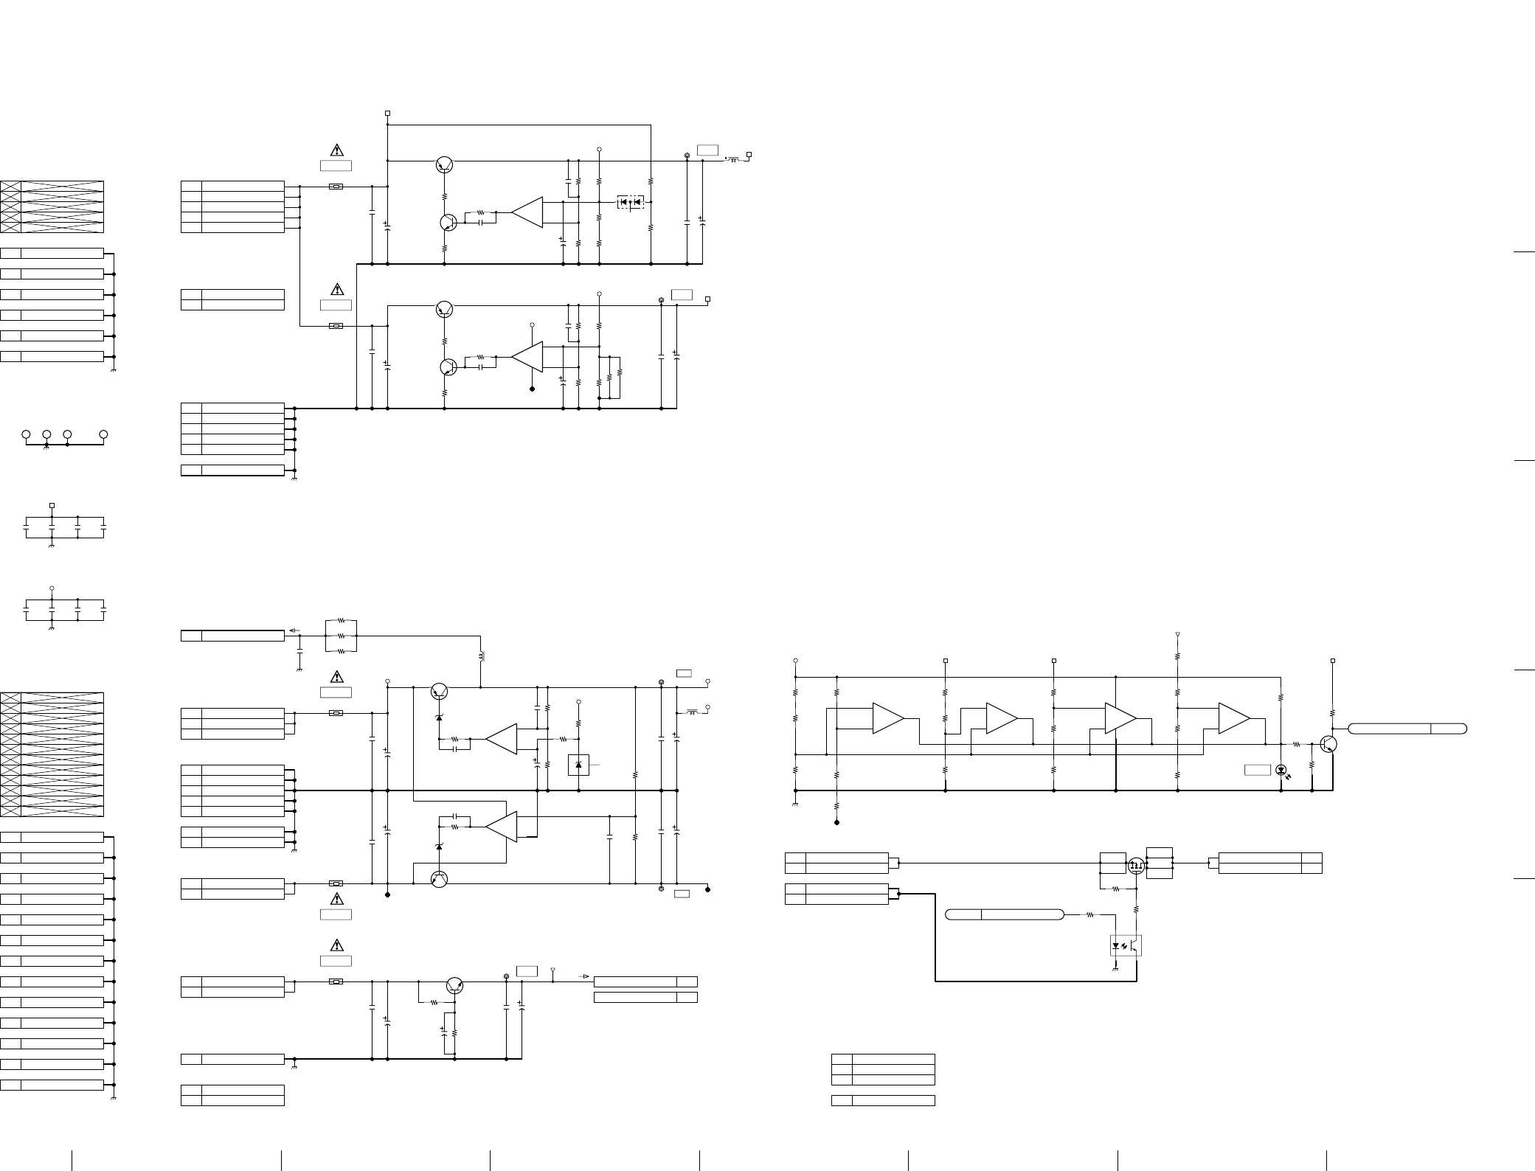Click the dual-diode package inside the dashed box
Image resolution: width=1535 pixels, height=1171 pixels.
pyautogui.click(x=630, y=201)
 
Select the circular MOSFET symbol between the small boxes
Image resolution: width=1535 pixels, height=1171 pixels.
pyautogui.click(x=1137, y=864)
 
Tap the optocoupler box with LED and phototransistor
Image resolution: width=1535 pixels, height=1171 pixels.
pyautogui.click(x=1126, y=945)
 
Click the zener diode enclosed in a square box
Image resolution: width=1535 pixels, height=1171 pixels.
pyautogui.click(x=578, y=765)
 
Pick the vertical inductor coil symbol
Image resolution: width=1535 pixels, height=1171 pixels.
pyautogui.click(x=481, y=656)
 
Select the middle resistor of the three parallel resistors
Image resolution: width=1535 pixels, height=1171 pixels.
pyautogui.click(x=341, y=636)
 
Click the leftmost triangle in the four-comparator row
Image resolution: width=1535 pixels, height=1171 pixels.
pyautogui.click(x=887, y=718)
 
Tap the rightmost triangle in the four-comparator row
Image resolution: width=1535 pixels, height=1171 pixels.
pyautogui.click(x=1233, y=718)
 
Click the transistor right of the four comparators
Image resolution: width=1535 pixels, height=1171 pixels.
pyautogui.click(x=1328, y=744)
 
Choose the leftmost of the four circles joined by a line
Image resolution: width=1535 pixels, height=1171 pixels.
pyautogui.click(x=26, y=434)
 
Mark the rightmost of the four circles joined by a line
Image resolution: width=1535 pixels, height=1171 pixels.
pyautogui.click(x=103, y=434)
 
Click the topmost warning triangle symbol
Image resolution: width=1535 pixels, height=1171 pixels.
pyautogui.click(x=336, y=150)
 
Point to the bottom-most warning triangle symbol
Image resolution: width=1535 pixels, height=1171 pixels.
pyautogui.click(x=336, y=945)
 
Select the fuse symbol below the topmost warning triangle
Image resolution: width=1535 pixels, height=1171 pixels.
pyautogui.click(x=336, y=187)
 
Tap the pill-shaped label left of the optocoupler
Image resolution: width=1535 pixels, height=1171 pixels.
pyautogui.click(x=1004, y=915)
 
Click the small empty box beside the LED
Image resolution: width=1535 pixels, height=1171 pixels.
pyautogui.click(x=1257, y=770)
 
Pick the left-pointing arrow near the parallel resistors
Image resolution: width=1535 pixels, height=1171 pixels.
pyautogui.click(x=293, y=630)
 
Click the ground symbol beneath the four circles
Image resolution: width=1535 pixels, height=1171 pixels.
pyautogui.click(x=46, y=448)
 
